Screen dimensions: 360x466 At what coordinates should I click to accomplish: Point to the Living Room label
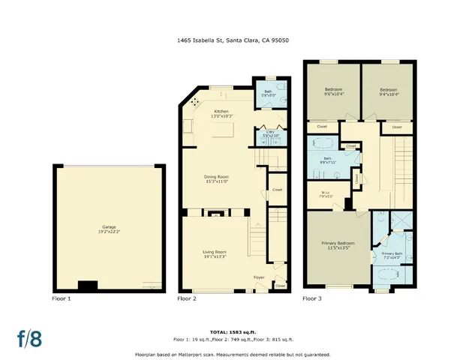[215, 253]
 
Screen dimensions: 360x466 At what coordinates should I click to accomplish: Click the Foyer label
[259, 277]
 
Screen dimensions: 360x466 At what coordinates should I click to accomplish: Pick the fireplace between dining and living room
[216, 214]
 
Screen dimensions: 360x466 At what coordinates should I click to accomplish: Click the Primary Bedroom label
[338, 244]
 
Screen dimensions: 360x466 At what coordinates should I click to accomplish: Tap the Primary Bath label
[392, 256]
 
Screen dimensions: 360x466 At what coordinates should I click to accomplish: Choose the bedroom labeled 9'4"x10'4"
[386, 91]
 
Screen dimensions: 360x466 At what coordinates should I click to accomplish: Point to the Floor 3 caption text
[313, 298]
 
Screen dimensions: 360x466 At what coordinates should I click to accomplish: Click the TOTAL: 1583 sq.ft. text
[233, 331]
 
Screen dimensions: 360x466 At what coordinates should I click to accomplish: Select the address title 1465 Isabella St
[233, 41]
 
